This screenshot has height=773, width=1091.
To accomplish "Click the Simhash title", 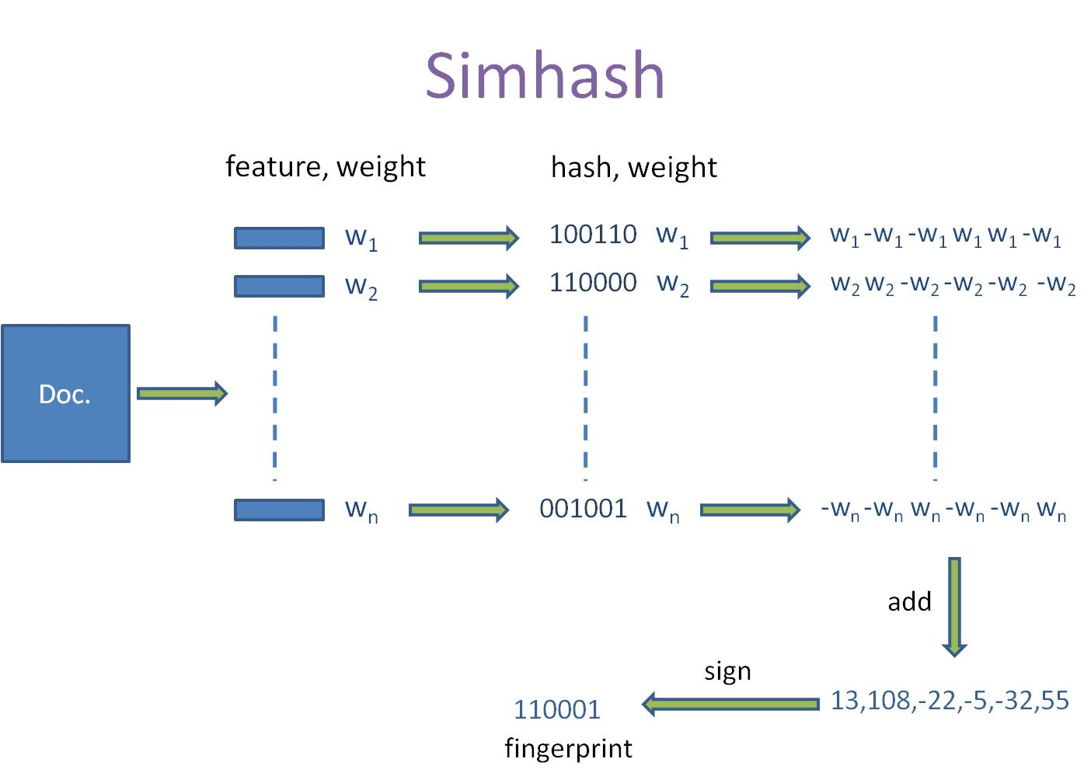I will pyautogui.click(x=545, y=75).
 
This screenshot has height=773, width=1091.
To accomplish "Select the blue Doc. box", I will pyautogui.click(x=65, y=394).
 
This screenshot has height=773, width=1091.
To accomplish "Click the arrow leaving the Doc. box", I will pyautogui.click(x=182, y=393).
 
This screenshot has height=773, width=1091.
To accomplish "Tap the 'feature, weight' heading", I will pyautogui.click(x=325, y=167).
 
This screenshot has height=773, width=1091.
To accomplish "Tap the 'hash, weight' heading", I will pyautogui.click(x=633, y=168).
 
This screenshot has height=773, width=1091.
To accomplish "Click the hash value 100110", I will pyautogui.click(x=593, y=235).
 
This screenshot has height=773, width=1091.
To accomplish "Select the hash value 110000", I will pyautogui.click(x=593, y=283).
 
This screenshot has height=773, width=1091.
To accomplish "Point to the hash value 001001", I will pyautogui.click(x=583, y=509).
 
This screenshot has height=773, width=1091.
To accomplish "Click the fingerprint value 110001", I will pyautogui.click(x=557, y=709).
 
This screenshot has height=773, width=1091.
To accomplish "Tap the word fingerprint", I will pyautogui.click(x=568, y=748).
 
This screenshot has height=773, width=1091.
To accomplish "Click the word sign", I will pyautogui.click(x=727, y=671).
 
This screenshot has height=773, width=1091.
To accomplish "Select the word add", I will pyautogui.click(x=909, y=602).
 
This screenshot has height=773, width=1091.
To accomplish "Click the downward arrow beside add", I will pyautogui.click(x=954, y=607).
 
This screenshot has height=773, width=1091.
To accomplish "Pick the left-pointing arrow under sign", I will pyautogui.click(x=730, y=704).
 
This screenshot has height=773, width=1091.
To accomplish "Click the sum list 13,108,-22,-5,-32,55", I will pyautogui.click(x=950, y=701).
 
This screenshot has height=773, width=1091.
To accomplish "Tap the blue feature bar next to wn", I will pyautogui.click(x=279, y=510).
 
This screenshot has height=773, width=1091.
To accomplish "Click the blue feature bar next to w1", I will pyautogui.click(x=279, y=238).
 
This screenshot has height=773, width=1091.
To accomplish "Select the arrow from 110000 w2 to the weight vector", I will pyautogui.click(x=760, y=286).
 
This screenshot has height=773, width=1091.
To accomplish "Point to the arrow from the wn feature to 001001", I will pyautogui.click(x=458, y=510).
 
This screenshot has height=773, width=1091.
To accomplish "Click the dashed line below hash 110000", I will pyautogui.click(x=585, y=396).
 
